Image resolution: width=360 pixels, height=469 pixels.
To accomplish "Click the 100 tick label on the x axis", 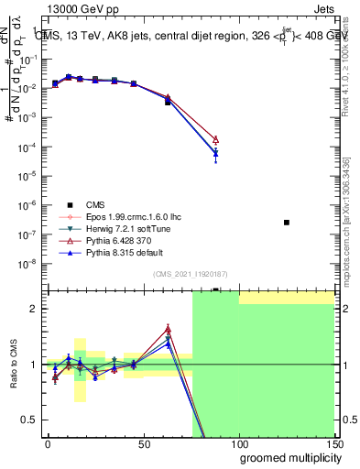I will point(238,442).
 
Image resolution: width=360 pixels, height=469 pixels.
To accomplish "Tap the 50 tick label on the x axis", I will point(143,442).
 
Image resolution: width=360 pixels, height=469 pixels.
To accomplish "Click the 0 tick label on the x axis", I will point(48,442).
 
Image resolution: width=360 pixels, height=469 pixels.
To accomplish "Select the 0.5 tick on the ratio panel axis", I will point(29,420).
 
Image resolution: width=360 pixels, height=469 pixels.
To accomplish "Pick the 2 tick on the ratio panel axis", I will point(34,309).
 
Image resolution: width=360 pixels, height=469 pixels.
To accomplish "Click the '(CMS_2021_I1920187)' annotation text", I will point(189,274).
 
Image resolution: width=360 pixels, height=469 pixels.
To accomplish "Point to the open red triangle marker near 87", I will point(215,139).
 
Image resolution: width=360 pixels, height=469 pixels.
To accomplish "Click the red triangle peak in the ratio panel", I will point(168,329).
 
